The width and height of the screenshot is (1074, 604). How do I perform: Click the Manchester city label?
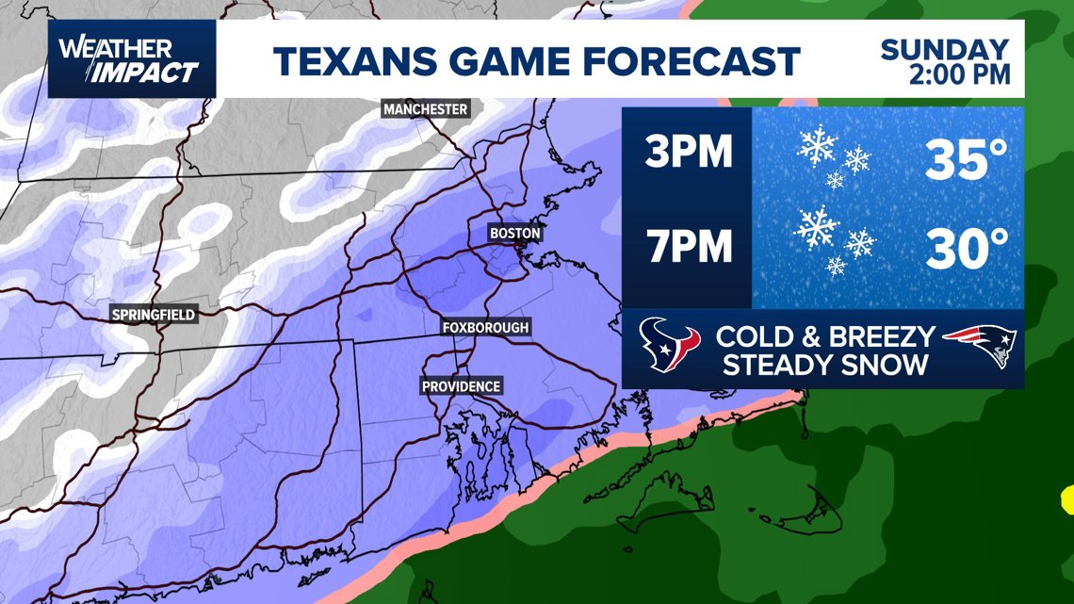click(x=426, y=109)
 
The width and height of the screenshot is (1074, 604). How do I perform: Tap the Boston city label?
click(x=515, y=233)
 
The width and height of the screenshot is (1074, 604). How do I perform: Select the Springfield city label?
click(x=154, y=315)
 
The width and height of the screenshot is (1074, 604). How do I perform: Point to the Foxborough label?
click(x=486, y=327)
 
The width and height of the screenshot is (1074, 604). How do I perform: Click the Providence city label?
click(x=462, y=386)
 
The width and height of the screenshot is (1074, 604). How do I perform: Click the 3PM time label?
click(x=688, y=153)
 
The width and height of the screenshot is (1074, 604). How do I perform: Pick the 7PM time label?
click(x=688, y=247)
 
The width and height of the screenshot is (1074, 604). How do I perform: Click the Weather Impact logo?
click(x=132, y=59)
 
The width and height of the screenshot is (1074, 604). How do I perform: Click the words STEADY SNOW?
click(x=824, y=365)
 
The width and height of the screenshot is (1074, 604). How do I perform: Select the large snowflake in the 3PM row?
click(x=816, y=144)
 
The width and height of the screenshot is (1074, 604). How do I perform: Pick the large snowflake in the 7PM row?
click(x=816, y=227)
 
